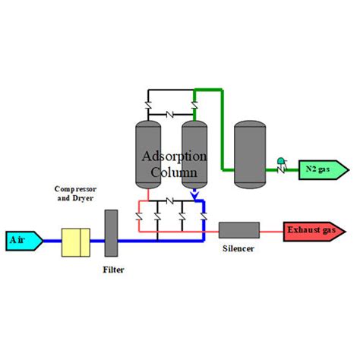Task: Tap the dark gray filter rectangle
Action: click(x=111, y=231)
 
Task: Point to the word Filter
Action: click(x=114, y=269)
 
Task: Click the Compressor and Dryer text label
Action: click(x=74, y=193)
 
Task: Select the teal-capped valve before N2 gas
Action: click(x=282, y=163)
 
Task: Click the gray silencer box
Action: click(x=238, y=229)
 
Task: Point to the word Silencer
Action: click(x=238, y=248)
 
